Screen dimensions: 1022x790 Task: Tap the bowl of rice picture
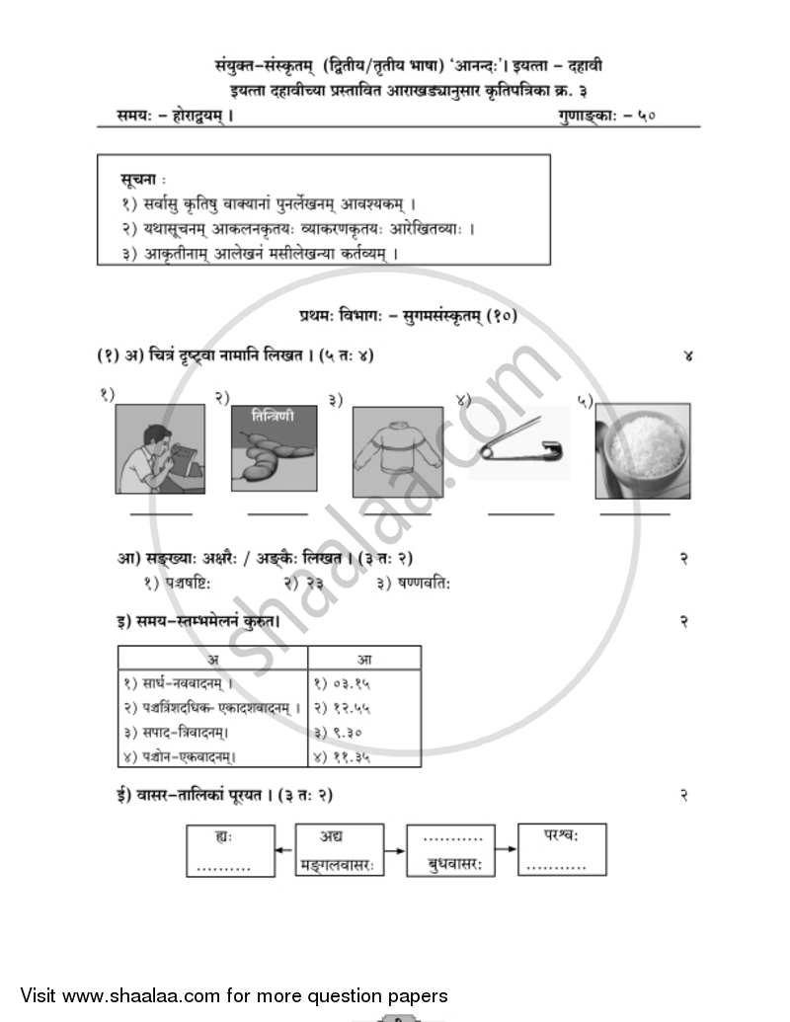(x=642, y=451)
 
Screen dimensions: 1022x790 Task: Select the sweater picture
(x=398, y=451)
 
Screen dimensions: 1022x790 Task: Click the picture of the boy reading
(x=159, y=448)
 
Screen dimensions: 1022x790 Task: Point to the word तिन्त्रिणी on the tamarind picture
(x=273, y=416)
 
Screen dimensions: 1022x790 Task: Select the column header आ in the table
(x=363, y=659)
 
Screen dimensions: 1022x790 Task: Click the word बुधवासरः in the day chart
(x=453, y=864)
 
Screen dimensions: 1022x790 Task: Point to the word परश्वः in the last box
(x=561, y=835)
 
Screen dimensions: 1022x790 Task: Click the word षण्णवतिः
(x=425, y=584)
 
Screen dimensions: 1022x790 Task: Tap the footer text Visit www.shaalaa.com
(x=234, y=995)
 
